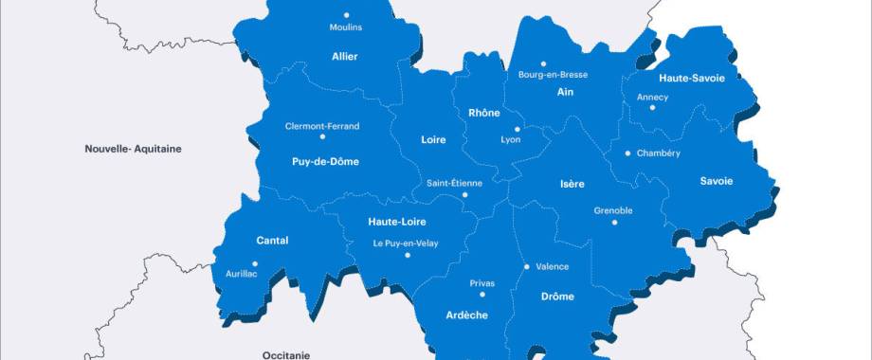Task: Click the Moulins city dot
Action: coord(346,15)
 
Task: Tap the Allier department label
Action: coord(345,57)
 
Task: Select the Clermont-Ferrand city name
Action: coord(322,126)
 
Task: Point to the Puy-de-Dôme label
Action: coord(325,161)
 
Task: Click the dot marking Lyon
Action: coord(517,130)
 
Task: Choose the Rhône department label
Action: coord(483,113)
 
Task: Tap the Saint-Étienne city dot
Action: coord(464,195)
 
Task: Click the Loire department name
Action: coord(433,140)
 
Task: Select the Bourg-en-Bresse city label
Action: coord(553,75)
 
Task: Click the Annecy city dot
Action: coord(652,108)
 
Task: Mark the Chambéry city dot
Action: coord(627,153)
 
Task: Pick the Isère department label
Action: coord(572,183)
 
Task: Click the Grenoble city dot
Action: coord(614,223)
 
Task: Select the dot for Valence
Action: coord(526,267)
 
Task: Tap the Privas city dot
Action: coord(482,294)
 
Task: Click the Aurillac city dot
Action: coord(254,264)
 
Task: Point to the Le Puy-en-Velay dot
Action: coord(407,255)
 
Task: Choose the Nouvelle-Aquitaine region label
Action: coord(133,149)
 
